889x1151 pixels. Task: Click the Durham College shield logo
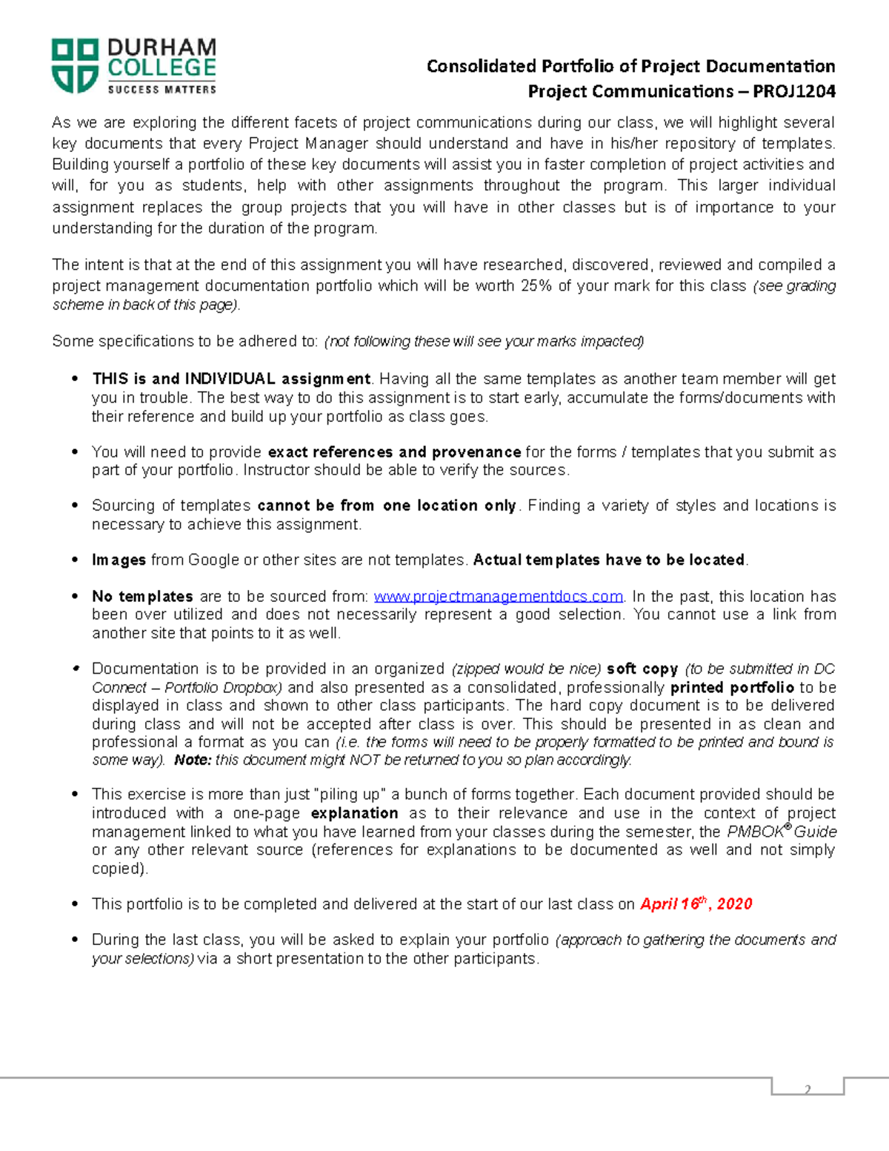(x=75, y=66)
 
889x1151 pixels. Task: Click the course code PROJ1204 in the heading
(x=794, y=91)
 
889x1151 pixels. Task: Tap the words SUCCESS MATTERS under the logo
(x=162, y=90)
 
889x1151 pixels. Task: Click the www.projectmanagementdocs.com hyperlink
(x=498, y=597)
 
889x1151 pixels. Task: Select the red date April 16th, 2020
(x=696, y=904)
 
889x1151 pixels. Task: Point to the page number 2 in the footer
(x=808, y=1089)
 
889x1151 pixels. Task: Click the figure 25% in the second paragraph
(x=536, y=285)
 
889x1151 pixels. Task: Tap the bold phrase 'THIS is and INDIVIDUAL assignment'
(x=231, y=379)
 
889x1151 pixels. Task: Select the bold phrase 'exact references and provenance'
(x=394, y=452)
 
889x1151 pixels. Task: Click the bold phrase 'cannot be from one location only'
(x=386, y=505)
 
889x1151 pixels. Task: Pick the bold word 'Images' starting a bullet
(x=119, y=560)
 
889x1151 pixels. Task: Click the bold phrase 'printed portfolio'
(x=732, y=688)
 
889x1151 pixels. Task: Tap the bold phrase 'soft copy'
(x=642, y=669)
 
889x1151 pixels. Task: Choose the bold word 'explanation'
(x=354, y=813)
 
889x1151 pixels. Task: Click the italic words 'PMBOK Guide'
(x=782, y=832)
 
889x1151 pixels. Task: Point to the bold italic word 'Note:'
(x=193, y=760)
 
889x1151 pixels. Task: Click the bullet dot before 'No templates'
(x=75, y=597)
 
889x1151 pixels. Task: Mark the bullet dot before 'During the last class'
(x=75, y=940)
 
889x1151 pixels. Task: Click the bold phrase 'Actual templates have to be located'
(x=608, y=560)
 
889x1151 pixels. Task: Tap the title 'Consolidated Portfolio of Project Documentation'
(x=630, y=67)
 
